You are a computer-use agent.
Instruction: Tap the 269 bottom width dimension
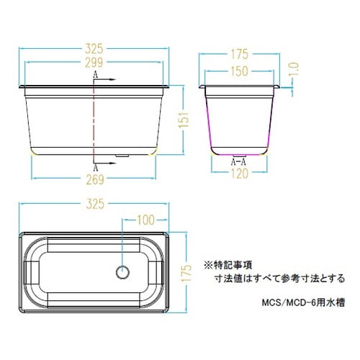coord(95,179)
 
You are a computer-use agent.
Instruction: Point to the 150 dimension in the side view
coord(240,71)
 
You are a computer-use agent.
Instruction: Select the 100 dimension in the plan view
coord(146,218)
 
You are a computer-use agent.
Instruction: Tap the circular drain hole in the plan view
coord(122,272)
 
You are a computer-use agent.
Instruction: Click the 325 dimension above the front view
coord(95,49)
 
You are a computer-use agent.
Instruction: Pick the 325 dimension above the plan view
coord(95,203)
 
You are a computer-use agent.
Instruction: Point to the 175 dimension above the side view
coord(240,53)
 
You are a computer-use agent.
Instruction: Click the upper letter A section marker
coord(94,74)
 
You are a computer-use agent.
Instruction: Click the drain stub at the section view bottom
coord(239,153)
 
